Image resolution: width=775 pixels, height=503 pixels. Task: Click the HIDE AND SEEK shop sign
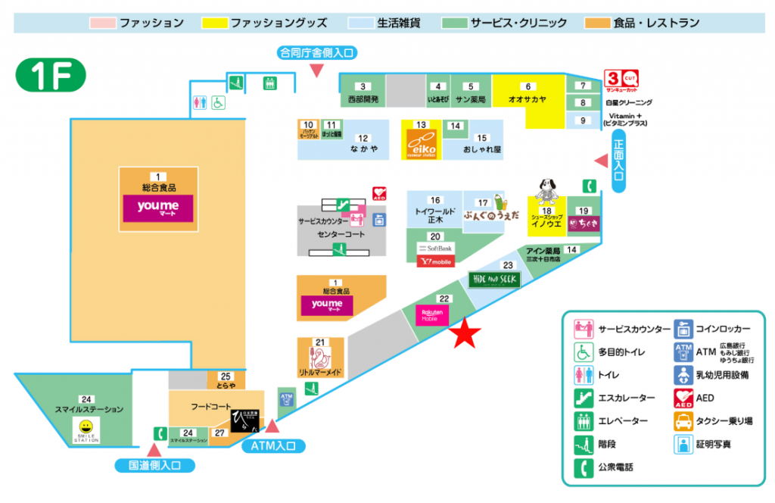(494, 280)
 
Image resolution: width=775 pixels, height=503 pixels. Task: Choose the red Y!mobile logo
(435, 261)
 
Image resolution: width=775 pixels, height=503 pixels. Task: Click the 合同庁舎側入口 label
(316, 52)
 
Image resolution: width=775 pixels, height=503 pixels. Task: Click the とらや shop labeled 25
(226, 380)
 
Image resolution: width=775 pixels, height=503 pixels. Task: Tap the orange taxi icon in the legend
(683, 420)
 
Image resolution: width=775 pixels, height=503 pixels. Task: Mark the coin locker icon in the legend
(683, 330)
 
